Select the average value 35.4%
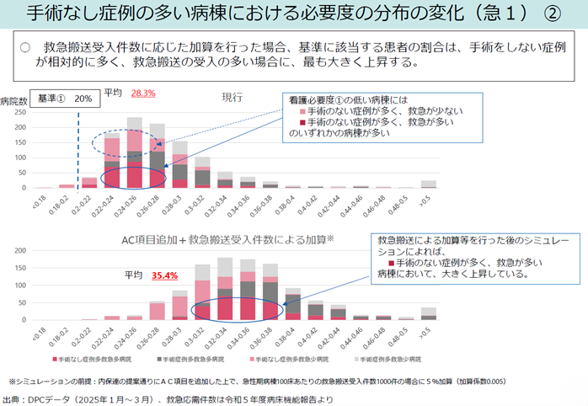(165, 275)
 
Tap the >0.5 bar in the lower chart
(429, 314)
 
